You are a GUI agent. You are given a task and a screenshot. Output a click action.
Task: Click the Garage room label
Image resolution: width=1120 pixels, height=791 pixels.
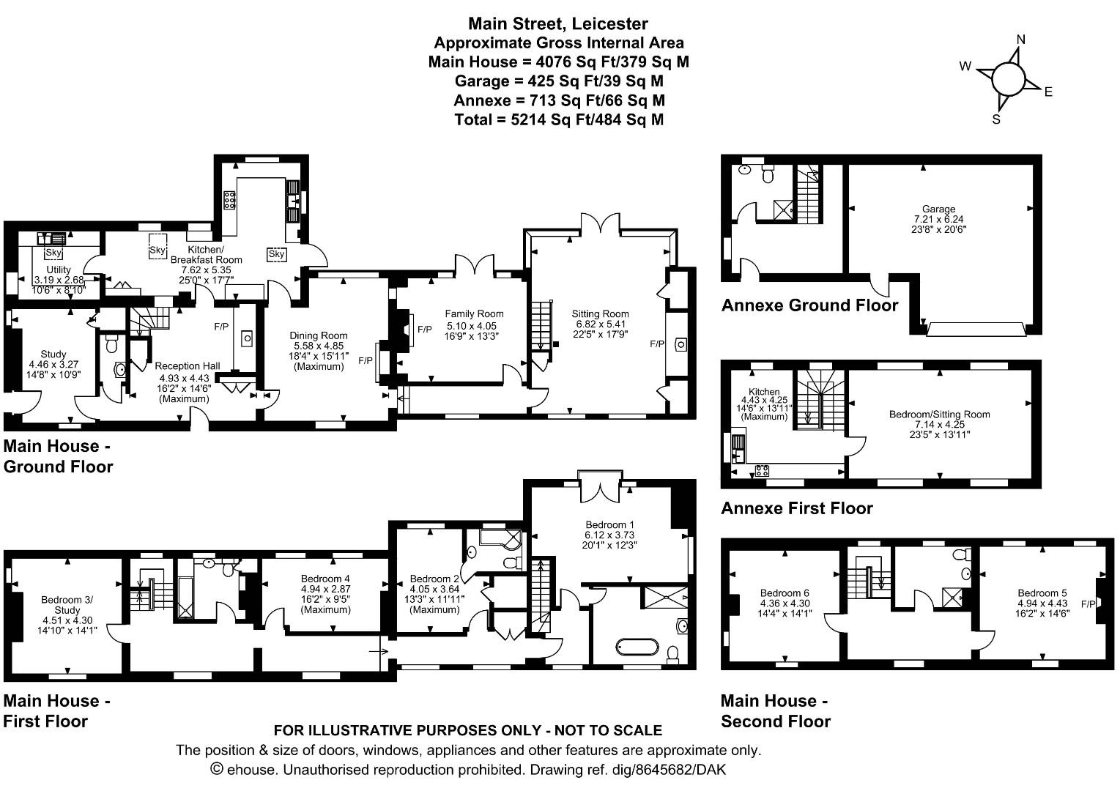[938, 209]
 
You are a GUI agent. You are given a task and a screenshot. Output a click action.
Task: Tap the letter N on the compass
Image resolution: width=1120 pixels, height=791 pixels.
[1020, 40]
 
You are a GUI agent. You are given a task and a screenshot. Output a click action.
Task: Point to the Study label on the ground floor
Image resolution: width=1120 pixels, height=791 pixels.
[53, 354]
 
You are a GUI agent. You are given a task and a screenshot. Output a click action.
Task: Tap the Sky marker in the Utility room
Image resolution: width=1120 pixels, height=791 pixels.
[53, 253]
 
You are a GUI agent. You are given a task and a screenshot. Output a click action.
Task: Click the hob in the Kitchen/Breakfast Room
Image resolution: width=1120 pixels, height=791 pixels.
[229, 200]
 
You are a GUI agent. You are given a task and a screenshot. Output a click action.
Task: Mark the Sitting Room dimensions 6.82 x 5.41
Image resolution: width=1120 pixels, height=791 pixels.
[600, 324]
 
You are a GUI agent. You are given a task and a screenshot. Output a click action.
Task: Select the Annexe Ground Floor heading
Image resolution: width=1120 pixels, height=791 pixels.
[809, 305]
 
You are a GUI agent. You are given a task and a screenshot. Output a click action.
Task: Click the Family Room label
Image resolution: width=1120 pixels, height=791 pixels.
[474, 314]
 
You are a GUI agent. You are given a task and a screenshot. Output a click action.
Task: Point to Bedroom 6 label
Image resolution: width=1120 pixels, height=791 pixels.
[785, 593]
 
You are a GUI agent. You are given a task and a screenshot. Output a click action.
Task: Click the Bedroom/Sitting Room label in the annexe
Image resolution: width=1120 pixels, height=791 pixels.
[939, 415]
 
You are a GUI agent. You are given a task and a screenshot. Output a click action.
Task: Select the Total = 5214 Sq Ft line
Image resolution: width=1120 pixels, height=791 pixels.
[559, 119]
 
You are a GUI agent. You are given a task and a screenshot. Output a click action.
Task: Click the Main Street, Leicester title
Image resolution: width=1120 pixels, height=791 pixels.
[558, 24]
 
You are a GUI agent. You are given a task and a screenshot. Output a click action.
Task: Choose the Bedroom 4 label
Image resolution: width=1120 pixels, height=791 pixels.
[325, 579]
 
